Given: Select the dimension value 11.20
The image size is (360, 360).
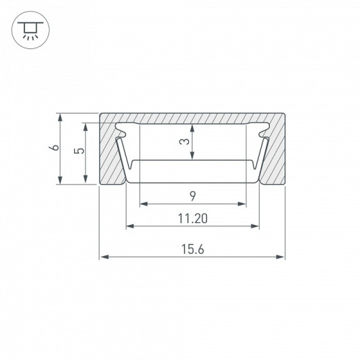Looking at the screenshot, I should pyautogui.click(x=193, y=218).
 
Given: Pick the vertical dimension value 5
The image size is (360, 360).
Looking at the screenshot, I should pyautogui.click(x=80, y=151).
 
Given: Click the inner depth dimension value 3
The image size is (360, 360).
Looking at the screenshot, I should pyautogui.click(x=183, y=142).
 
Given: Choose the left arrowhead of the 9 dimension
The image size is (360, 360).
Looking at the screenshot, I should pyautogui.click(x=144, y=204).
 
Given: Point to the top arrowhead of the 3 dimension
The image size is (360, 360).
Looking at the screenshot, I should pyautogui.click(x=193, y=128).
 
